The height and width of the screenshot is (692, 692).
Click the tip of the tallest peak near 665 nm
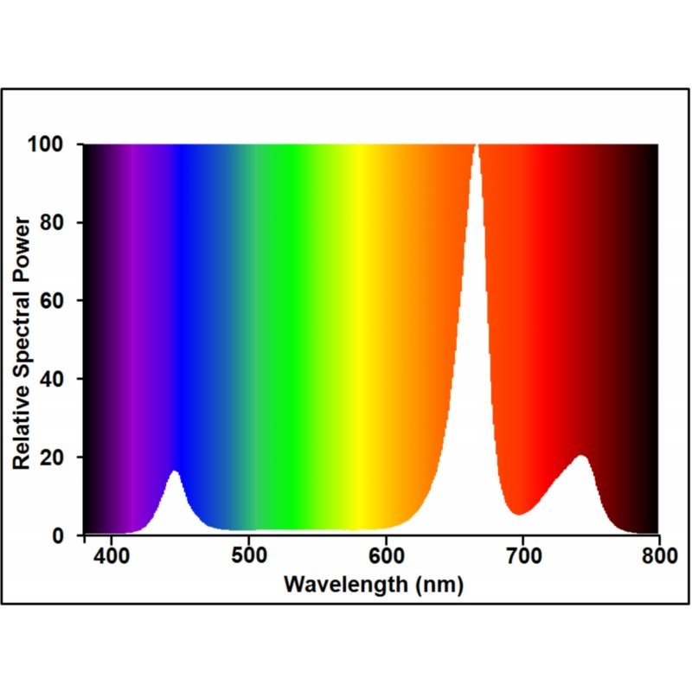[x=476, y=146]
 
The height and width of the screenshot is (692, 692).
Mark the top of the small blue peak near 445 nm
[x=175, y=471]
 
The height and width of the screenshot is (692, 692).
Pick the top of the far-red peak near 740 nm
[x=582, y=456]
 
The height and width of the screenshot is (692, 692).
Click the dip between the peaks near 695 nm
[x=518, y=514]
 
